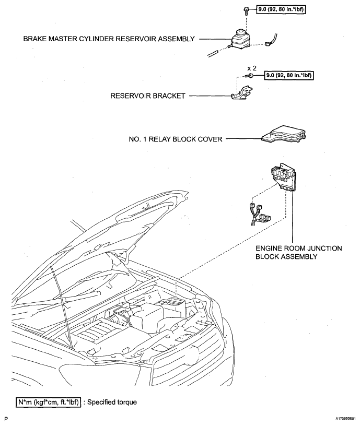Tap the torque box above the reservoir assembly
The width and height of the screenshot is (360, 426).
[x=283, y=10]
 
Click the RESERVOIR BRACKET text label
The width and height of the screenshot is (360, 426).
[x=147, y=96]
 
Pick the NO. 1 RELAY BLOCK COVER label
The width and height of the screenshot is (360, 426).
[x=175, y=139]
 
